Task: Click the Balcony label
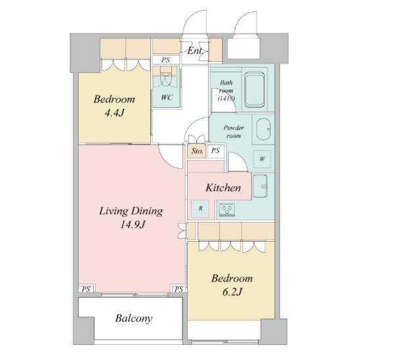(x=134, y=318)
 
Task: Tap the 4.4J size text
(x=114, y=113)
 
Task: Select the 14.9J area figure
(x=133, y=225)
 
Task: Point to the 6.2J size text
(x=232, y=292)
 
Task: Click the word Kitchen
(x=223, y=188)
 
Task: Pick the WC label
(x=167, y=97)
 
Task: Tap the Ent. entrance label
(x=195, y=51)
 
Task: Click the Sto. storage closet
(x=197, y=151)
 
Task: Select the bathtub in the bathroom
(x=254, y=89)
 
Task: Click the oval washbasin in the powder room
(x=263, y=129)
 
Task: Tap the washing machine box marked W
(x=262, y=159)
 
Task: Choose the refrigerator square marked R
(x=200, y=209)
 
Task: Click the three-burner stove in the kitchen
(x=227, y=210)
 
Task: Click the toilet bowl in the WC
(x=165, y=75)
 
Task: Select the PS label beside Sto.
(x=215, y=150)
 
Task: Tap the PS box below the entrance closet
(x=166, y=60)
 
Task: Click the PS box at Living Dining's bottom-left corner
(x=86, y=289)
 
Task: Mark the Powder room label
(x=234, y=132)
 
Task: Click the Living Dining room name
(x=131, y=211)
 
